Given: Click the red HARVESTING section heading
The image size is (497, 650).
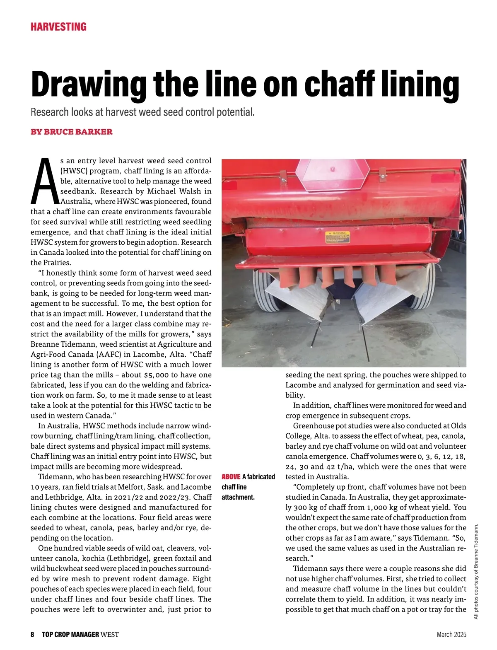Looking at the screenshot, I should (58, 27).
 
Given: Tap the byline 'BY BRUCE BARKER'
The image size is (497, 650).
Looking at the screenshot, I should (72, 132).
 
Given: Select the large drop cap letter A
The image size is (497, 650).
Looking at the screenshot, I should (44, 181).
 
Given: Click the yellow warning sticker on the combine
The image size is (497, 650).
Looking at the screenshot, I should (337, 237).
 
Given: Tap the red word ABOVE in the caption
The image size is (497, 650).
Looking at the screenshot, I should (231, 477).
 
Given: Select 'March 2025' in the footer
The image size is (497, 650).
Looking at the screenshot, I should (451, 634).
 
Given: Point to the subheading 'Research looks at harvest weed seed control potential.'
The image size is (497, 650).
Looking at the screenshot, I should (142, 112).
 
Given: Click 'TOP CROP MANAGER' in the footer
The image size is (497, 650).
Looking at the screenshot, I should (70, 634).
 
